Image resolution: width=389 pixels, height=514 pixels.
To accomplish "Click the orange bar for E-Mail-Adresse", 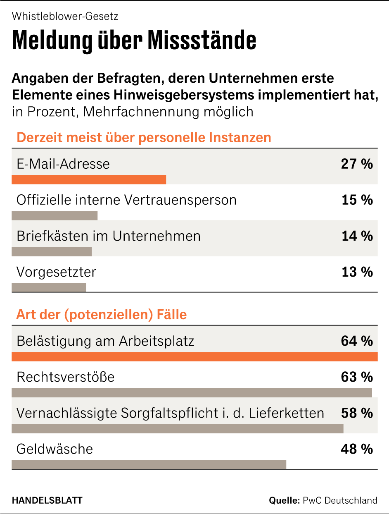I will coord(89,179).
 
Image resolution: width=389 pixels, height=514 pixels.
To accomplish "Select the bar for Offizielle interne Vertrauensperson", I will coord(55,215).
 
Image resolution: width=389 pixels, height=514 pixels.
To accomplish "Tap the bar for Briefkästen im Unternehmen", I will coord(52,251).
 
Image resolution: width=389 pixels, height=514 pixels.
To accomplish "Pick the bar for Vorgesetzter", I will coord(49,287).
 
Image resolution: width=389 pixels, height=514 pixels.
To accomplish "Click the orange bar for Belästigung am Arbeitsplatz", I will coord(194,356).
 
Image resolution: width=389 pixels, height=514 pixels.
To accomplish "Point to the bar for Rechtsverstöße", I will coord(192,392).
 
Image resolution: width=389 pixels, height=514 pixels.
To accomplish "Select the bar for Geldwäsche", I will coord(149,464).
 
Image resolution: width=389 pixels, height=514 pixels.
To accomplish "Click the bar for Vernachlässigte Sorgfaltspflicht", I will coord(178,428).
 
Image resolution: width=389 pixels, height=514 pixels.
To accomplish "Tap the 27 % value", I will coord(357,164).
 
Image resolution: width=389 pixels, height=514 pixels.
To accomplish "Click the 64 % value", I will coord(357,341).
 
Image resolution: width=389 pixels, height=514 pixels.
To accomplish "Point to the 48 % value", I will coord(357,449).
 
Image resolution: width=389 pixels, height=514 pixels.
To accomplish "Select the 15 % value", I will coord(357,200).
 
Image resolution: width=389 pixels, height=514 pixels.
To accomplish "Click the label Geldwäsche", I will coord(55,449).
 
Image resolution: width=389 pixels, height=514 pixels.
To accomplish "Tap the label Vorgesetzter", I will coord(56,272).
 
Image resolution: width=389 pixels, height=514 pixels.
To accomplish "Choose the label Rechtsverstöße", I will coord(65,377).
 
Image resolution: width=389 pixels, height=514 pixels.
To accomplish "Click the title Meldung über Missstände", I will coord(134,40).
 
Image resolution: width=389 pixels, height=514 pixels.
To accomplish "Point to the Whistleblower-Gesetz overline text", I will coord(65,17).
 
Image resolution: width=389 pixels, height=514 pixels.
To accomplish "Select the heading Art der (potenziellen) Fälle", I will coord(101,315).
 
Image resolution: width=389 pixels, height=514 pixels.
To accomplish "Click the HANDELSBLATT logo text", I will coord(47,500).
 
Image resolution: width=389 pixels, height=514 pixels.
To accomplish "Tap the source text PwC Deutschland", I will coord(340,500).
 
